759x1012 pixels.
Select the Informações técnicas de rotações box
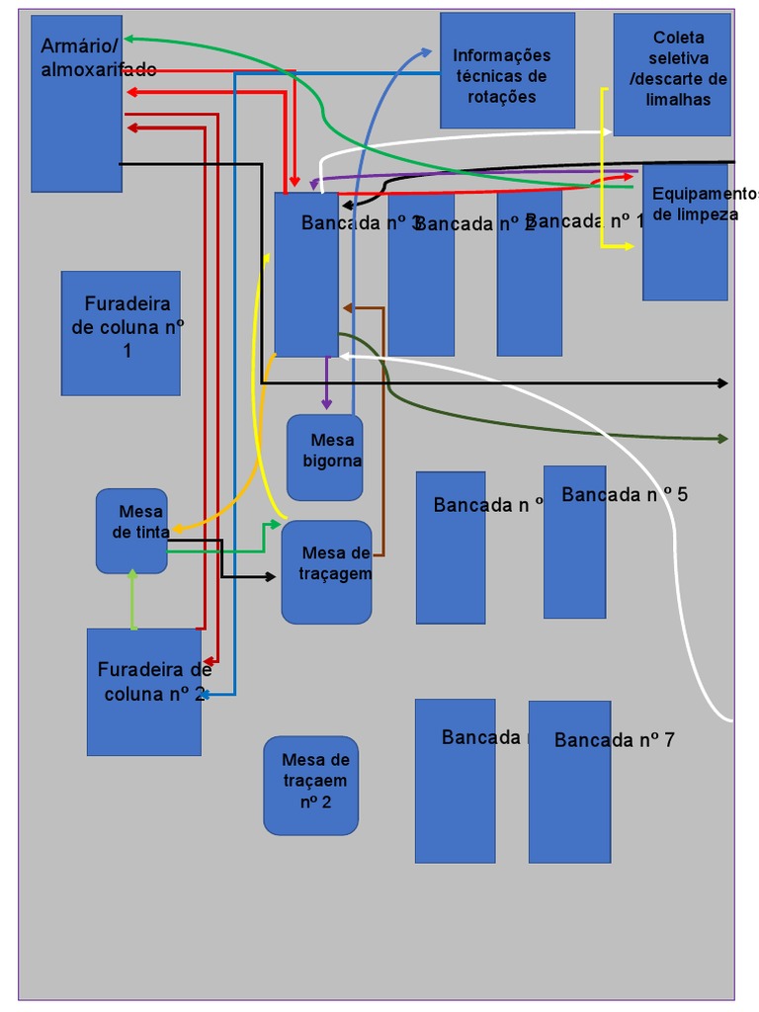(x=507, y=70)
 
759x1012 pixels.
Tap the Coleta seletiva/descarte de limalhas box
(x=672, y=74)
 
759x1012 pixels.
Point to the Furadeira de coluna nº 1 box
(x=121, y=333)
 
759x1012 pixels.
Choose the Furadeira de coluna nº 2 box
(x=143, y=692)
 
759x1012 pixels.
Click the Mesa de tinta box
(x=131, y=531)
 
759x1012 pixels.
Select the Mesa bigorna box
(x=324, y=458)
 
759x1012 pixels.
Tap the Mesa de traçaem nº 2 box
(x=310, y=786)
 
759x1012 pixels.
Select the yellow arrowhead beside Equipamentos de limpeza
(x=629, y=245)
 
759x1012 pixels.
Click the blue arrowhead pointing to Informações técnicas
(x=426, y=51)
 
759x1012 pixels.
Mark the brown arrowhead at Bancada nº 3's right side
(x=347, y=308)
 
